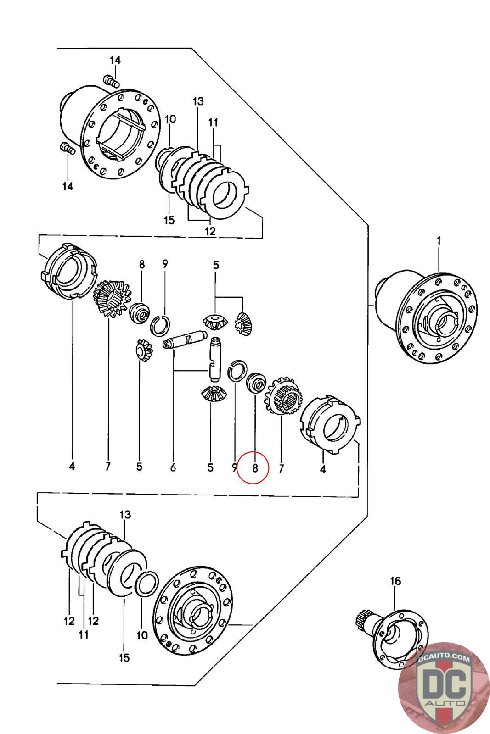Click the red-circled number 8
coord(255,468)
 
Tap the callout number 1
coord(439,241)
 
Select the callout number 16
coord(395,581)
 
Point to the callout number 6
coord(173,467)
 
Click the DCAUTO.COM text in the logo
coord(444,658)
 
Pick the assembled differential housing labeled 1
coord(425,317)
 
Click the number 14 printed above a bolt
coord(115,60)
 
